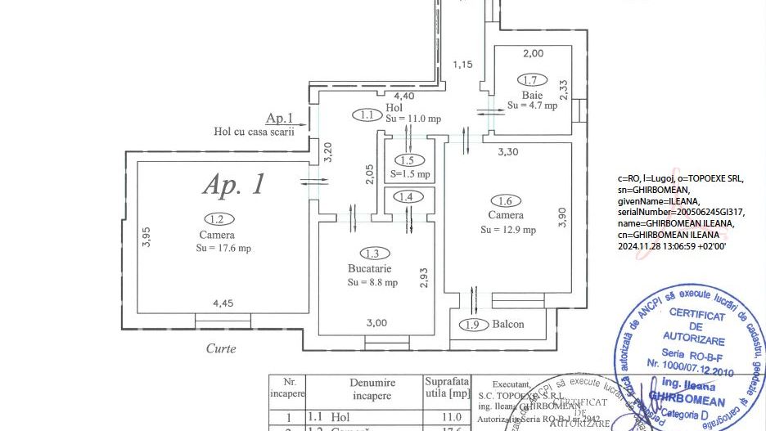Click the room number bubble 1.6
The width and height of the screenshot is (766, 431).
coord(506,200)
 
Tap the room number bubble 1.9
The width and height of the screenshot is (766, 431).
coord(473,324)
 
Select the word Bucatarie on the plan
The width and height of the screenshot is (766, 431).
coord(370,268)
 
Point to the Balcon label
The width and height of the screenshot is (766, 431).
coord(508,324)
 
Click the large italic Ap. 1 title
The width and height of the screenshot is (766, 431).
coord(234,184)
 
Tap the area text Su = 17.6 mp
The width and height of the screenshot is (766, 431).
coord(223,248)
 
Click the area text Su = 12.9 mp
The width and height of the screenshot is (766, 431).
coord(508,230)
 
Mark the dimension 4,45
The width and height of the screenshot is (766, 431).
coord(223,303)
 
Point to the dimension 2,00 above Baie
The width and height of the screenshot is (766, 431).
coord(533,54)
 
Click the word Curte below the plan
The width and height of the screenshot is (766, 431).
coord(221,348)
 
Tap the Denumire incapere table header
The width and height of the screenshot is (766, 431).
coord(372,389)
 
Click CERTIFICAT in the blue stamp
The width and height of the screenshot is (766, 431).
coord(696,314)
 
